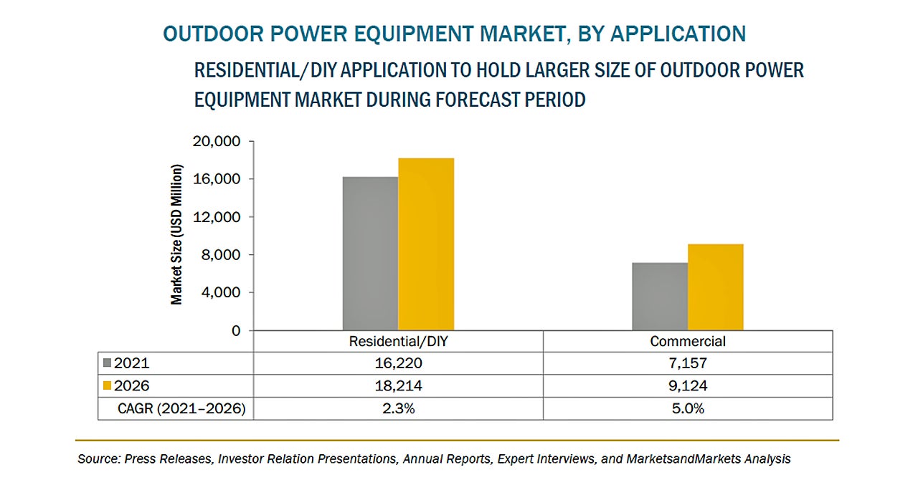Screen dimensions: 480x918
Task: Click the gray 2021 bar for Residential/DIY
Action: tap(370, 254)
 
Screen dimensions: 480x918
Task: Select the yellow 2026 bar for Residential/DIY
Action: tap(426, 244)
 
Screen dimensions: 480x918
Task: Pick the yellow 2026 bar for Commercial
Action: tap(715, 287)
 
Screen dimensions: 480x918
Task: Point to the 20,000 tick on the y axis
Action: tap(216, 141)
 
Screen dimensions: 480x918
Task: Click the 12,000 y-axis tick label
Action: tap(216, 217)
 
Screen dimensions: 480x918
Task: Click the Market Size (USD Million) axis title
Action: tap(176, 235)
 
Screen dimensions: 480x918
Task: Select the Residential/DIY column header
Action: tap(397, 342)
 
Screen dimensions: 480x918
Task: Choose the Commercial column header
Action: tap(688, 342)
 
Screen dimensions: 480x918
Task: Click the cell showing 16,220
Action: tap(397, 364)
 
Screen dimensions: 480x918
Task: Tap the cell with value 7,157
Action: tap(688, 364)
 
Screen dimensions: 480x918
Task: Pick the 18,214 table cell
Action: tap(397, 386)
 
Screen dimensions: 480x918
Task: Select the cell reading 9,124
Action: tap(688, 386)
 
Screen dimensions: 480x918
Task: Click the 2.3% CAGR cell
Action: tap(397, 408)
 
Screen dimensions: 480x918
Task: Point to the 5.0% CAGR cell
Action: tap(688, 408)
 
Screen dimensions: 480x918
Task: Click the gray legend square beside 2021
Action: tap(108, 363)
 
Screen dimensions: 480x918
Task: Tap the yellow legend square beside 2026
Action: tap(108, 385)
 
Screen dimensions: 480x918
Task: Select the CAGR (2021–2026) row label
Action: tap(181, 408)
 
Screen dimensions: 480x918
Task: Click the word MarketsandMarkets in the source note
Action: tap(691, 459)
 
